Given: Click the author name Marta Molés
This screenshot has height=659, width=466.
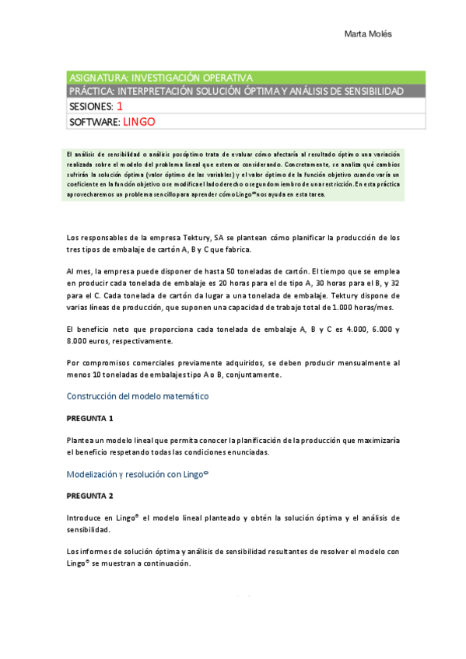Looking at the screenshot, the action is point(370,34).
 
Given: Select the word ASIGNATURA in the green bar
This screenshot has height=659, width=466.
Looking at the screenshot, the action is point(96,78).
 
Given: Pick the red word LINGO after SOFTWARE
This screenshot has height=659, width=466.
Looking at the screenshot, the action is point(140,122).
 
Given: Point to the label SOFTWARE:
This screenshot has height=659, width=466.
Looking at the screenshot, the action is point(94,122).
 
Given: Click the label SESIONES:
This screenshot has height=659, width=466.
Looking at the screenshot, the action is point(91,106).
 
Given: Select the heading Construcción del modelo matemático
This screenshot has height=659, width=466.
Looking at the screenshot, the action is point(138,396).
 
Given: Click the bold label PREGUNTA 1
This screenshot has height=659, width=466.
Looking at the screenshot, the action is point(90,418).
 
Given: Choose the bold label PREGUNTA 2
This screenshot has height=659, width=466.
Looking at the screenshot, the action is point(90,495).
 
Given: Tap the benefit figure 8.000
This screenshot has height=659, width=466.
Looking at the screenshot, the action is point(79,340).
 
